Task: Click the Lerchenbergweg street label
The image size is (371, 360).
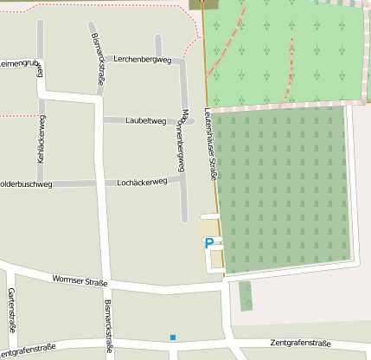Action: coord(144,59)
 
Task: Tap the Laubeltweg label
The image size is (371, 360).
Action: coord(145,121)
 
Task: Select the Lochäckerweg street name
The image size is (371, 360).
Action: coord(141,183)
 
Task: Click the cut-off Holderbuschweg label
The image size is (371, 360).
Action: coord(26,184)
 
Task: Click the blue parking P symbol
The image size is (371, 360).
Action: coord(208,244)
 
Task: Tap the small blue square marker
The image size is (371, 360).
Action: coord(173,337)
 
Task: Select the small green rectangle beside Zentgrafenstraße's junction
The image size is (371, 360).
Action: coord(246,295)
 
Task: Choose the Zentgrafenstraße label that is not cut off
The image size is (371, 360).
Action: coord(300,344)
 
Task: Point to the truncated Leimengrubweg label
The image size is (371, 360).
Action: coord(19,63)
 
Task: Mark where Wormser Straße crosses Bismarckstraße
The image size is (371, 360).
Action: coord(106,283)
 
